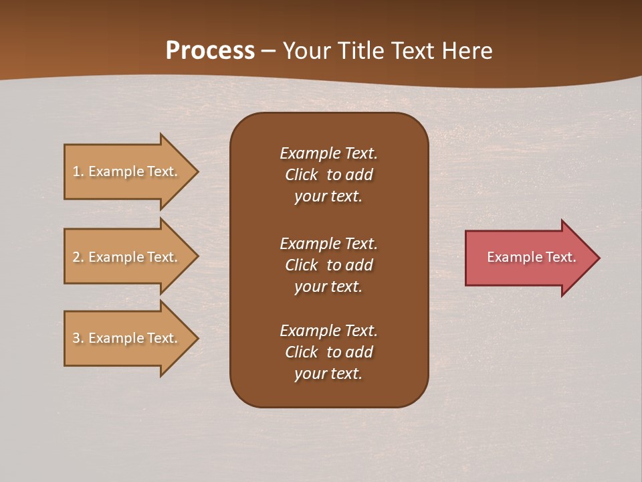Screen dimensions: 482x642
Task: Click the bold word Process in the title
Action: [x=210, y=51]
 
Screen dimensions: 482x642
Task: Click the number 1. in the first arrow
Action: [x=78, y=171]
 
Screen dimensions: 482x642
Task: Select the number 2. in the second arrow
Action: [x=78, y=257]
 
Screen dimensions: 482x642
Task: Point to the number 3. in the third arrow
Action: [x=78, y=338]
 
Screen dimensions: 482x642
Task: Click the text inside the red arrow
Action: [x=531, y=257]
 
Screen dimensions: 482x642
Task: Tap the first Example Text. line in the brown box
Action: [x=328, y=153]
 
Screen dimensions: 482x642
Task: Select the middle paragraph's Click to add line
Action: [x=328, y=265]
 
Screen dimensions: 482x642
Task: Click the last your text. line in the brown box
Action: [x=328, y=374]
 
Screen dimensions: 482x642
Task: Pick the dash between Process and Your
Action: [x=268, y=51]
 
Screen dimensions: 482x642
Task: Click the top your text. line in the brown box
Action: [x=328, y=196]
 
